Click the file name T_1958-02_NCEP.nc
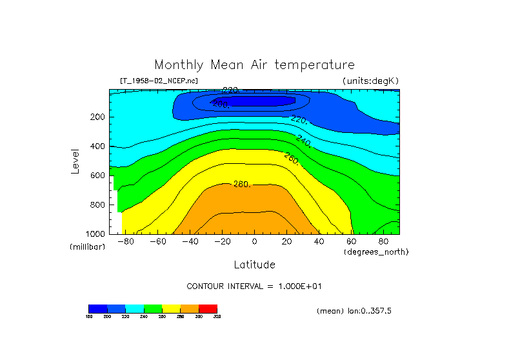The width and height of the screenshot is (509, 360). (x=159, y=81)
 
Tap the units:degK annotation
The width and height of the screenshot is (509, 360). (x=370, y=81)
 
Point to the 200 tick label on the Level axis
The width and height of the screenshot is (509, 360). (x=99, y=117)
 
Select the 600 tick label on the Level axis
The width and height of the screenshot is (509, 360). (x=99, y=175)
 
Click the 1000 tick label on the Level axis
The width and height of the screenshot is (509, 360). (x=97, y=234)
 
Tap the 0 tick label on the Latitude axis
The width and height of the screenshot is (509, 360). (x=254, y=242)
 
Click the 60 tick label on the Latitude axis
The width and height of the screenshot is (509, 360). (x=351, y=242)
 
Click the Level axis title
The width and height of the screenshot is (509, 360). (x=76, y=161)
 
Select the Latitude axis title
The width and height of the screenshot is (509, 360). (x=254, y=265)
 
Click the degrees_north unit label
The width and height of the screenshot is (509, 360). (x=376, y=252)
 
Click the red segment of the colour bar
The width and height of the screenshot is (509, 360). (x=208, y=308)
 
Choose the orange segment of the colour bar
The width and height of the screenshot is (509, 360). (x=190, y=308)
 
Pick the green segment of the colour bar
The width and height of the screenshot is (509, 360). (x=153, y=308)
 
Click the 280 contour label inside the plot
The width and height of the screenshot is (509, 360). (x=241, y=185)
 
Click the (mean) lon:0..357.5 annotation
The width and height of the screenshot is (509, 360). (x=354, y=311)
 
